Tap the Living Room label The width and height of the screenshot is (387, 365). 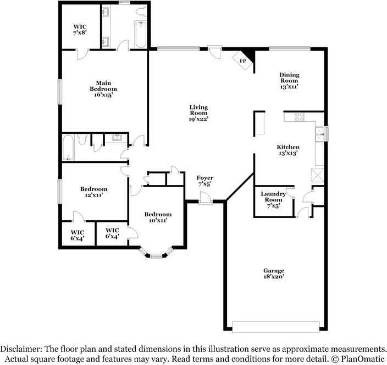coord(198,113)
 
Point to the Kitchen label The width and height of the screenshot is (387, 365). coord(288,150)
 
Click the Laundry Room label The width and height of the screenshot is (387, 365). coord(273,199)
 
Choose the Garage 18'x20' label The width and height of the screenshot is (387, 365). coord(273,274)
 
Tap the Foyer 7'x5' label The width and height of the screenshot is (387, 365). coord(204,181)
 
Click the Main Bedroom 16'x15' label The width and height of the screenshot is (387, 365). coord(103,89)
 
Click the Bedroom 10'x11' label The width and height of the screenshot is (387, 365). coord(158,217)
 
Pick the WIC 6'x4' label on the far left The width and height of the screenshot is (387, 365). coord(78,236)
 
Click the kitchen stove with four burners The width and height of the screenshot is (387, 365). coord(300,116)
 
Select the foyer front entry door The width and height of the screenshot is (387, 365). coord(206,200)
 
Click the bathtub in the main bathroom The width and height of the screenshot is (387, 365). coord(140,33)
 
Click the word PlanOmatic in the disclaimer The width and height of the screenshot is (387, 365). coord(361,358)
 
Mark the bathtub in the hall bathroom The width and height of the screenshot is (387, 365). coord(69,147)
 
